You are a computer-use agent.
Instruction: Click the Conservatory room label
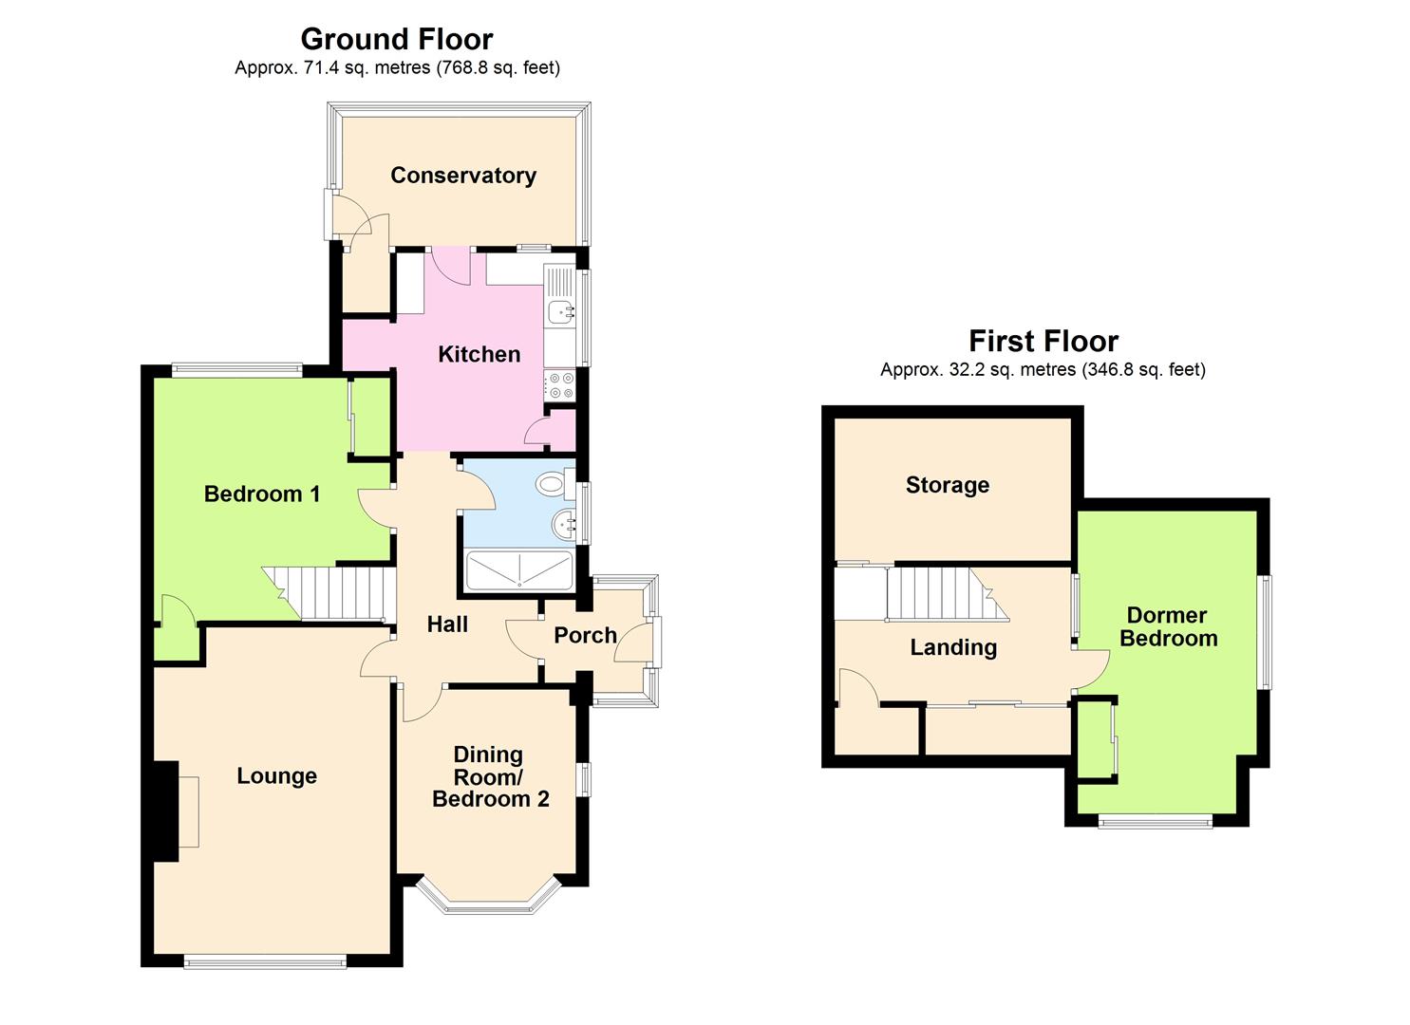point(463,176)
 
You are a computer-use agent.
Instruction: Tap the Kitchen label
point(479,354)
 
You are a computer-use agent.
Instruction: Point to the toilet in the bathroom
point(552,484)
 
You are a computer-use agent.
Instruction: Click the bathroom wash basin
point(566,523)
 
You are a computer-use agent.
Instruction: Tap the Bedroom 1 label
point(262,494)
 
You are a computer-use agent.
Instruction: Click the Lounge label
point(276,776)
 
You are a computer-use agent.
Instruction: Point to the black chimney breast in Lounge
point(165,811)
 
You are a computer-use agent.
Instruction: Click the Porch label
point(585,636)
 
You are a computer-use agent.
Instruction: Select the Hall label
point(447,624)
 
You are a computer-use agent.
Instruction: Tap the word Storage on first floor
point(947,485)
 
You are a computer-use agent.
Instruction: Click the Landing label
point(953,647)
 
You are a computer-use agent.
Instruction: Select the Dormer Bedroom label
point(1168,626)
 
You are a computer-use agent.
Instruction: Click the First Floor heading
point(1043,341)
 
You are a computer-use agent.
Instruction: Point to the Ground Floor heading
point(396,39)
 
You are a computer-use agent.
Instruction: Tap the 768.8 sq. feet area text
point(499,67)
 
